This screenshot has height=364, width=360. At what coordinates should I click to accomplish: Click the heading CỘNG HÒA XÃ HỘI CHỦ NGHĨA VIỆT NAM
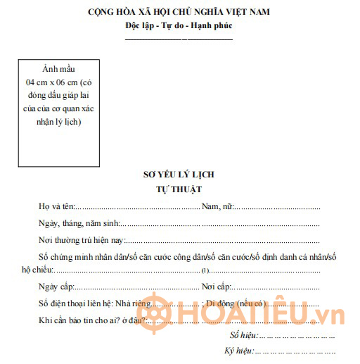(x=179, y=12)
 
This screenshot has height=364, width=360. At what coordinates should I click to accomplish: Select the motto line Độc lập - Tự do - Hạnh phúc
(x=179, y=25)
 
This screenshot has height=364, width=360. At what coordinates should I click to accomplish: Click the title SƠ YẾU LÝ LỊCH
(x=179, y=175)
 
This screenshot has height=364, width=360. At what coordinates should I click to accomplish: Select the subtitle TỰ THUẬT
(x=179, y=189)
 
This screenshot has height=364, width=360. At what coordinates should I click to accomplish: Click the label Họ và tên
(x=56, y=207)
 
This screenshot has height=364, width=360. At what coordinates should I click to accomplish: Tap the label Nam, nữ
(x=217, y=207)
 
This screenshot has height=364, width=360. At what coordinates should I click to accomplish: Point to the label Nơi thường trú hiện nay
(x=83, y=239)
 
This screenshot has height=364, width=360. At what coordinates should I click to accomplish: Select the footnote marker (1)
(x=205, y=270)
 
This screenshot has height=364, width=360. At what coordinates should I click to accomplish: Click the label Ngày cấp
(x=56, y=287)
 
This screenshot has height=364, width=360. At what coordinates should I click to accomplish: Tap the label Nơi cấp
(x=216, y=287)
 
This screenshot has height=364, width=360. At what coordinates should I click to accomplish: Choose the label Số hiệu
(x=243, y=334)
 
